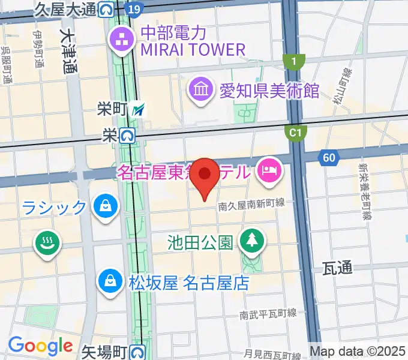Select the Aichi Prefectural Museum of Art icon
tap(200, 91)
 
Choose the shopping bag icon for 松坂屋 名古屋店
tap(111, 281)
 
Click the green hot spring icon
tap(47, 243)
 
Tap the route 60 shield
tap(328, 158)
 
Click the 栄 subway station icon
tap(127, 136)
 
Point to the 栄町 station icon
tap(139, 110)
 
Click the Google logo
tap(40, 346)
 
